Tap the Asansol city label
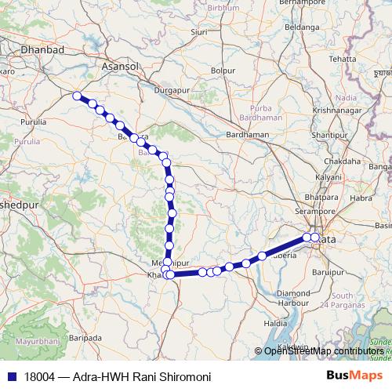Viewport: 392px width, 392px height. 120,67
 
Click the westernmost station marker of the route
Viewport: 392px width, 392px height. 77,96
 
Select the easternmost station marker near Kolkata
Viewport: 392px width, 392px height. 315,237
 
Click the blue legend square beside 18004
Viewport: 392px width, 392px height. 11,376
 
